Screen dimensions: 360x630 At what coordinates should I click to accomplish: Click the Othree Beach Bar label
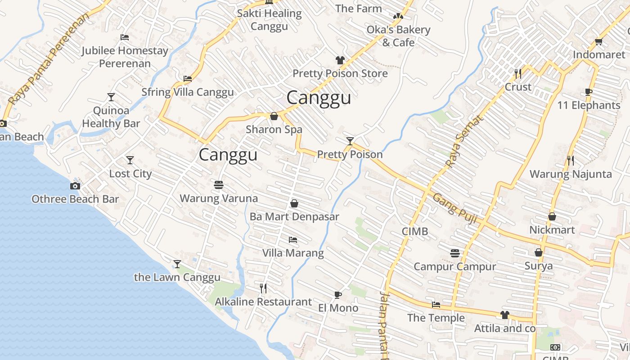(x=75, y=199)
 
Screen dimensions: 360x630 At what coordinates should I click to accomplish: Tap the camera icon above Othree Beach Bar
(x=75, y=186)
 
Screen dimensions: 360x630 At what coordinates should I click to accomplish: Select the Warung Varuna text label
(x=219, y=198)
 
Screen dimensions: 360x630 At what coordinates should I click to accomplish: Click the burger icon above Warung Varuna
(x=219, y=185)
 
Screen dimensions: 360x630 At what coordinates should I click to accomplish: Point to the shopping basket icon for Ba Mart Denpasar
(x=294, y=203)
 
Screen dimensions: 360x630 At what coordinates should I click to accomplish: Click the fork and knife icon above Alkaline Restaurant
(x=263, y=288)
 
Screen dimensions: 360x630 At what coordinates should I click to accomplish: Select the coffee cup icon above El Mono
(x=338, y=295)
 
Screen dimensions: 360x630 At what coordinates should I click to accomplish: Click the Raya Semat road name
(x=465, y=141)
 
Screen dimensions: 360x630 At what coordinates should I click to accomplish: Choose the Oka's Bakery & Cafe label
(x=398, y=36)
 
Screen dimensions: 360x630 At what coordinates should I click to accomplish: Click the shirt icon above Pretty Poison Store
(x=340, y=60)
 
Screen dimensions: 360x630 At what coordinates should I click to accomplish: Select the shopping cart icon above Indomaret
(x=598, y=42)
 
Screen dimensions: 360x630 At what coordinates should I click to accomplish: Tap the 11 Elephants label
(x=589, y=105)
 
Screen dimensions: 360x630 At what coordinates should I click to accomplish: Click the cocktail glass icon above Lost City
(x=130, y=160)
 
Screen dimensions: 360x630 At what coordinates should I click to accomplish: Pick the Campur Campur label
(x=454, y=266)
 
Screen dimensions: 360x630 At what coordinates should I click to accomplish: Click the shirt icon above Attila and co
(x=505, y=315)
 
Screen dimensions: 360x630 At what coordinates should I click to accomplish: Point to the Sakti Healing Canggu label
(x=269, y=20)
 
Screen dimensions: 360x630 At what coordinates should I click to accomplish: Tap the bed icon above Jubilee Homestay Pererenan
(x=125, y=37)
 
